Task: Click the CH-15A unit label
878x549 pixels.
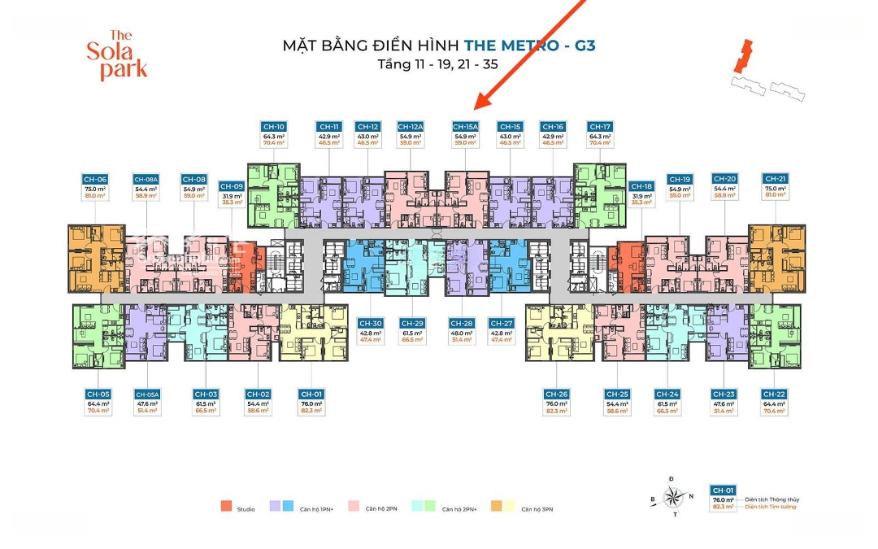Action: click(466, 127)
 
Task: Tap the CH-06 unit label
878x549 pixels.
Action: click(95, 179)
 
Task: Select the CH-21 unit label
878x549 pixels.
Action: click(775, 179)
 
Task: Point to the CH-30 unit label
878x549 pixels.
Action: click(370, 323)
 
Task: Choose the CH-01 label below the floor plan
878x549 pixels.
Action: click(311, 394)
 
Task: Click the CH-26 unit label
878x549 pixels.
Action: click(556, 394)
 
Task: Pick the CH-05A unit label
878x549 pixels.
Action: click(147, 394)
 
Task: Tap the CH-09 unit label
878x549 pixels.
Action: click(233, 186)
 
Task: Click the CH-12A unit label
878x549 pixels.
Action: click(410, 127)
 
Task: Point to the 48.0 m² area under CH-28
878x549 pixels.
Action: click(461, 333)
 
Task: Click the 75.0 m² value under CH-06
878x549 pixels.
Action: click(95, 188)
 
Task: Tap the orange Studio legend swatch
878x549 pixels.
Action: click(225, 507)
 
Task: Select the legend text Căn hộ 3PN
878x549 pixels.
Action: click(537, 509)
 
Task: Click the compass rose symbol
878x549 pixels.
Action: click(672, 496)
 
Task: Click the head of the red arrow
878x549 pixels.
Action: click(480, 106)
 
